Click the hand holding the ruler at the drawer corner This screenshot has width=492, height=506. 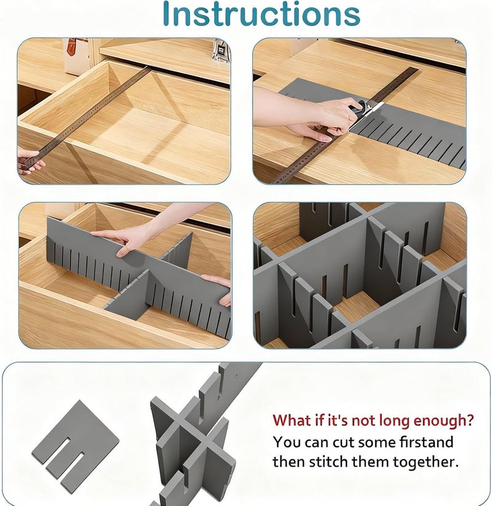pyautogui.click(x=30, y=162)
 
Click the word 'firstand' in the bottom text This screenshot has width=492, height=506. pyautogui.click(x=426, y=442)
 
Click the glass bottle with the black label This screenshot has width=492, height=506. pyautogui.click(x=221, y=50)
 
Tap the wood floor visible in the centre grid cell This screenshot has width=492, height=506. pyautogui.click(x=356, y=307)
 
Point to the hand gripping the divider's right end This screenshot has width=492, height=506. pyautogui.click(x=217, y=288)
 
